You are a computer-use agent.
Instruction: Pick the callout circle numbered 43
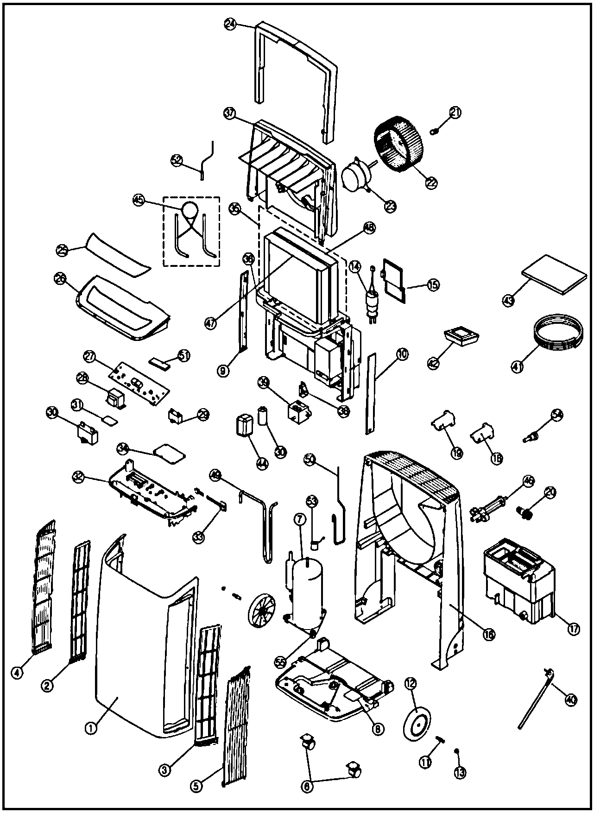coord(509,300)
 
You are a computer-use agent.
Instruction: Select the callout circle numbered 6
coord(308,785)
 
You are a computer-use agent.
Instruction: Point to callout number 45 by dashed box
coord(139,200)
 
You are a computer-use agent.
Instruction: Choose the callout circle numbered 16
coord(488,634)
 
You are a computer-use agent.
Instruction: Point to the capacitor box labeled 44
coord(244,425)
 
